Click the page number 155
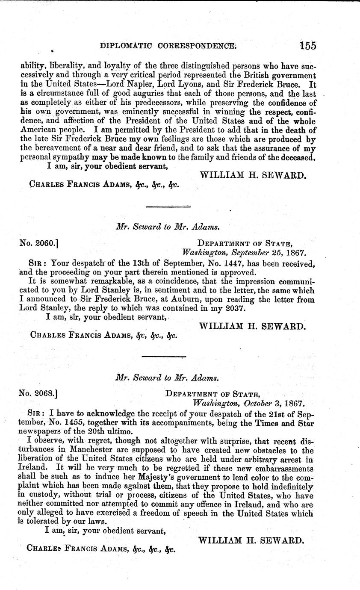(x=308, y=45)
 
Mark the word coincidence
(x=169, y=281)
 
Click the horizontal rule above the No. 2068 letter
(x=163, y=356)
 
